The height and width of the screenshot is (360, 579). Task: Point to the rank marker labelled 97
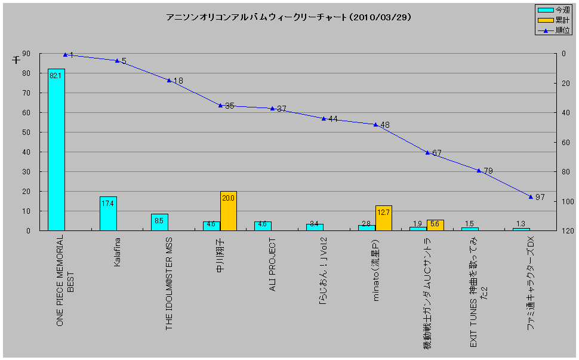[531, 196]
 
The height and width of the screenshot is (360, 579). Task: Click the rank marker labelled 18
[169, 80]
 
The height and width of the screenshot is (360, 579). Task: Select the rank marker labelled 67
[427, 152]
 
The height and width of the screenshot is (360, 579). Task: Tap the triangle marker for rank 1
[65, 54]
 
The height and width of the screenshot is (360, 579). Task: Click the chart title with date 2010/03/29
[289, 17]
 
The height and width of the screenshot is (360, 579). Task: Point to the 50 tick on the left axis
[26, 133]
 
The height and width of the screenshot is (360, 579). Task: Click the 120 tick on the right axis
[567, 230]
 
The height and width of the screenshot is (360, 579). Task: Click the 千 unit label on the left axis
[16, 60]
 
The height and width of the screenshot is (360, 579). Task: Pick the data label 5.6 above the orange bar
[435, 223]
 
